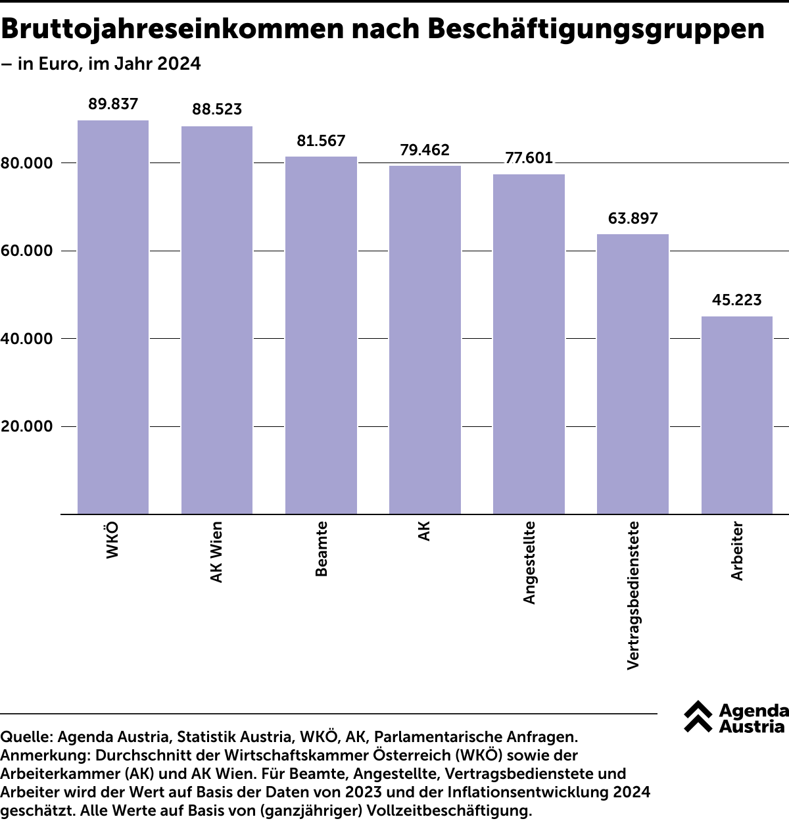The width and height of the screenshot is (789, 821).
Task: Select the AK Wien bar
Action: pos(217,320)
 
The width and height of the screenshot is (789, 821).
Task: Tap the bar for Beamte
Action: pos(321,336)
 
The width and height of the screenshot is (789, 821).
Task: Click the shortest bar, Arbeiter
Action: pos(736,415)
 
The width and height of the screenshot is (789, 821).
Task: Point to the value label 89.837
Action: pos(113,104)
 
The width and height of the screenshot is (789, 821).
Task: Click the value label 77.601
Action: pos(529,158)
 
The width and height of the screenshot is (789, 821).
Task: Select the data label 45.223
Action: pos(736,300)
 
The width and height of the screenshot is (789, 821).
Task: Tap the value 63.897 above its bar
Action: pos(633,218)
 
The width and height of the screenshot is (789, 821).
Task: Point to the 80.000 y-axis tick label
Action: pos(27,163)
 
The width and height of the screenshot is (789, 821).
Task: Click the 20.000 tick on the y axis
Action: pos(27,426)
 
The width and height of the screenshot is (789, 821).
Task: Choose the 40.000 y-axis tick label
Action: pos(27,339)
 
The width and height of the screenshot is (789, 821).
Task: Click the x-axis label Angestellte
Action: pos(530,562)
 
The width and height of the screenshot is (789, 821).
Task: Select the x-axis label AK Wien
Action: pos(217,552)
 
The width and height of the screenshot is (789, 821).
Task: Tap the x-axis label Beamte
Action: pos(322,549)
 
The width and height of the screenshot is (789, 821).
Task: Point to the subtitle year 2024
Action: pos(179,64)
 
